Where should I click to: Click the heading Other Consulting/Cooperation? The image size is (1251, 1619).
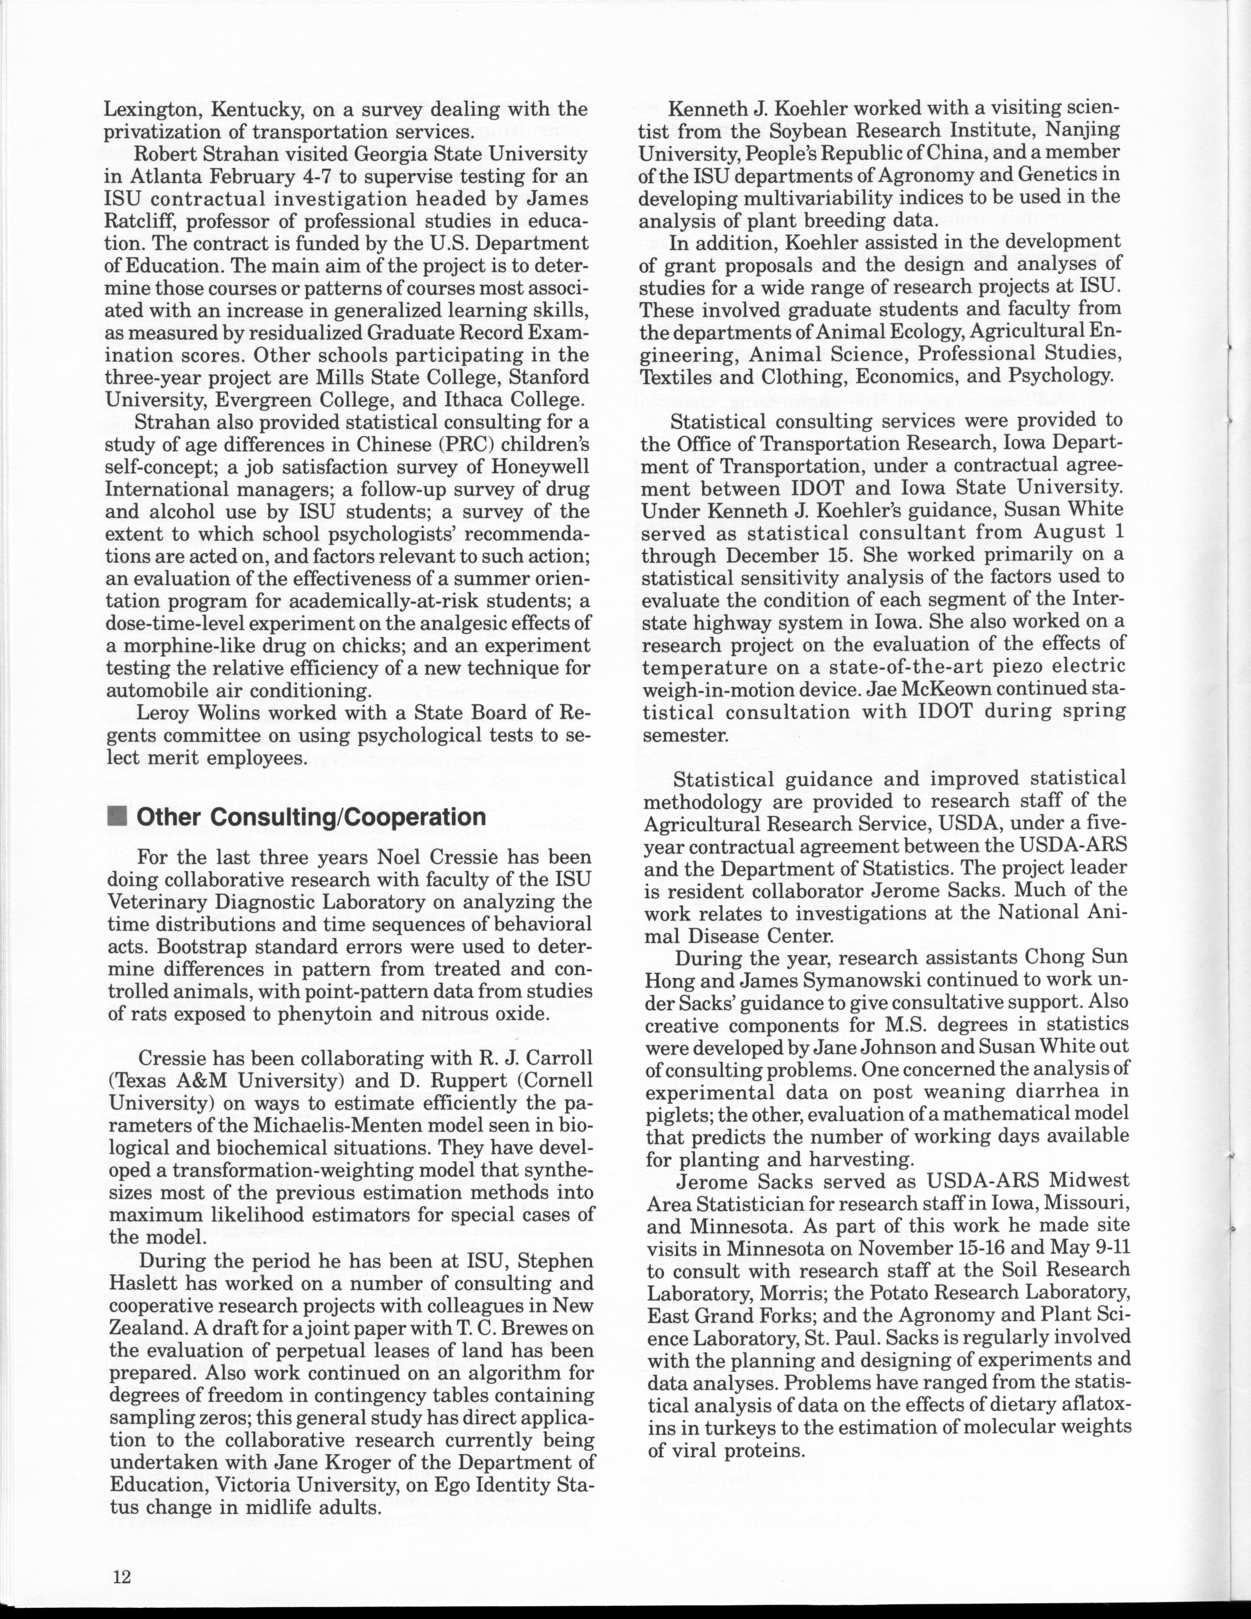[x=311, y=817]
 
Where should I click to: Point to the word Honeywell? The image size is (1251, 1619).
[x=534, y=467]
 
